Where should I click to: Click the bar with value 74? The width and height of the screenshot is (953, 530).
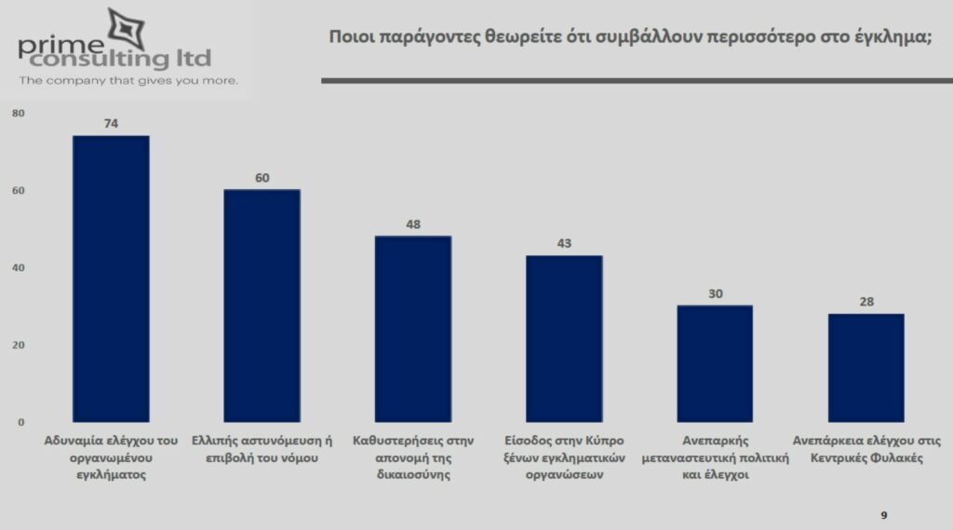(111, 279)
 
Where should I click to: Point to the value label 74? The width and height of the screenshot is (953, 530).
(112, 123)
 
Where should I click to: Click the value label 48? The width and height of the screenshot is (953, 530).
(413, 224)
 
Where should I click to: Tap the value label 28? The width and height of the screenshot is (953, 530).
(866, 302)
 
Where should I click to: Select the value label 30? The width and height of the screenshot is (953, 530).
(715, 293)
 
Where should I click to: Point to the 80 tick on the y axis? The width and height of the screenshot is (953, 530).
(19, 114)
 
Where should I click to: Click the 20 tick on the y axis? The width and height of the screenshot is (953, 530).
(19, 346)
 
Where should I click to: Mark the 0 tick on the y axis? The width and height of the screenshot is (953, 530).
(20, 423)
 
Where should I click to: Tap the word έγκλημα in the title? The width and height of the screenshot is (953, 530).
(894, 38)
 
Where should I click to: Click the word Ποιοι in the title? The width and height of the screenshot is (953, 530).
(351, 38)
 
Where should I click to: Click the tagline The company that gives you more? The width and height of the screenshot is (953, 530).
(129, 81)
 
